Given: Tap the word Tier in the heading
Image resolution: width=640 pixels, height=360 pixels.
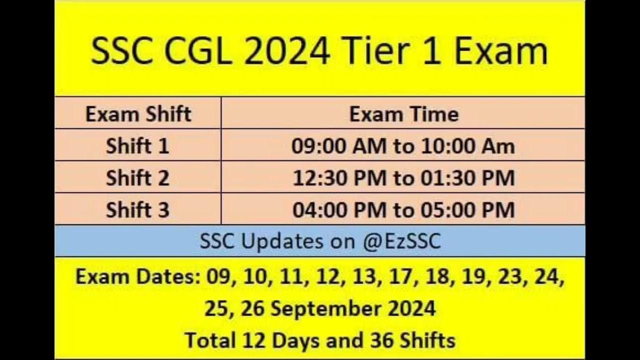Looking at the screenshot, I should click(x=374, y=51).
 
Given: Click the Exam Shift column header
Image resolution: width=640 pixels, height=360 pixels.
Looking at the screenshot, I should click(x=138, y=114).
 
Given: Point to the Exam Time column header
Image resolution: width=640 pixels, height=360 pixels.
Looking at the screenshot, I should click(x=404, y=114).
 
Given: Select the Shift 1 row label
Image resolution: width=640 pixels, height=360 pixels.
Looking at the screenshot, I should click(x=137, y=146).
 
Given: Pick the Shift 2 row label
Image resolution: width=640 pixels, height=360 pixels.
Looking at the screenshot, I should click(x=137, y=178).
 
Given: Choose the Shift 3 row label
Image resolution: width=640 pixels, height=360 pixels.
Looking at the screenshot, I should click(x=137, y=210).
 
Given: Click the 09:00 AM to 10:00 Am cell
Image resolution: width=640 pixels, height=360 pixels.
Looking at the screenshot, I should click(x=403, y=146).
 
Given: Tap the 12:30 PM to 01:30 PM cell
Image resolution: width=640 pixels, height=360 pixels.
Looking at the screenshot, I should click(x=403, y=178).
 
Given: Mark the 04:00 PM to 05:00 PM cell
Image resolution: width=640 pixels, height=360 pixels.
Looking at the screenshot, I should click(x=403, y=210).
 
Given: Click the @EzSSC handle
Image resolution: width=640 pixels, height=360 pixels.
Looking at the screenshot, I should click(x=402, y=241).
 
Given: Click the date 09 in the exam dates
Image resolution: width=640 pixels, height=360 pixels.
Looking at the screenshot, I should click(x=218, y=277).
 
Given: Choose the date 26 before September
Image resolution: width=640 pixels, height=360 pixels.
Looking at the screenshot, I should click(x=252, y=308).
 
